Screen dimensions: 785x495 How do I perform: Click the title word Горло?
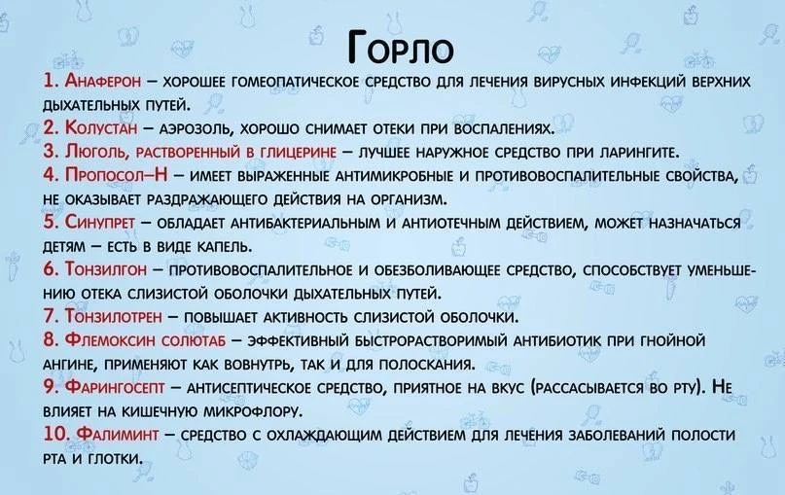click(x=401, y=48)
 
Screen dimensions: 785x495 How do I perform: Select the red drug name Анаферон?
click(x=103, y=81)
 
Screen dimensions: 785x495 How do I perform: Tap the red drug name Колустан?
click(x=100, y=127)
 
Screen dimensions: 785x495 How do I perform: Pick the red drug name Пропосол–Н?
click(x=116, y=175)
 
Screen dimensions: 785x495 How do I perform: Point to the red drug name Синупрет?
click(x=100, y=222)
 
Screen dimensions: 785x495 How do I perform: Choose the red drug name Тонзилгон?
click(x=106, y=268)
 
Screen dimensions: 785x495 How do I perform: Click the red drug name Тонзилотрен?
click(x=113, y=316)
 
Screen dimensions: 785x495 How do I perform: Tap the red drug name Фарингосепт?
click(x=115, y=387)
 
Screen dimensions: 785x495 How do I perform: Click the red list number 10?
click(x=56, y=434)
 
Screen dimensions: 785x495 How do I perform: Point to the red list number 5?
click(x=51, y=222)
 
